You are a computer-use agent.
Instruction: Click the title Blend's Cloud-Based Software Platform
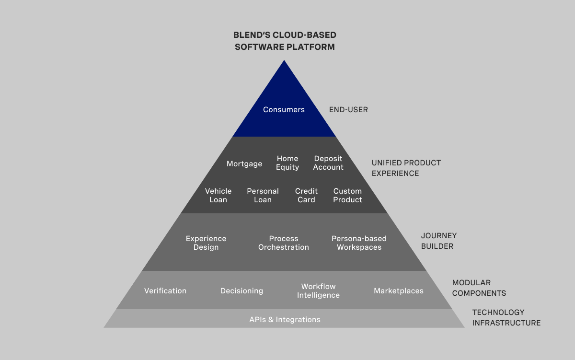tap(285, 41)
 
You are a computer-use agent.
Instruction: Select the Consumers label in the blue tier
tap(284, 110)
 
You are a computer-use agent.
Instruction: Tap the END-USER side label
tap(348, 110)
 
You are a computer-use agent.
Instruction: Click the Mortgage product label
tap(244, 164)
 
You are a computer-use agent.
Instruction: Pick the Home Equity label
tap(287, 163)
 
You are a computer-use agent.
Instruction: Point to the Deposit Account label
tap(328, 163)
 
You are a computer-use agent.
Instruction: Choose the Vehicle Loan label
tap(218, 196)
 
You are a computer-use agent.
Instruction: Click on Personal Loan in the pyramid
tap(263, 196)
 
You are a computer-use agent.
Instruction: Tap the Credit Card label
tap(306, 196)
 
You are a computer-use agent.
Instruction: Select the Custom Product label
tap(347, 196)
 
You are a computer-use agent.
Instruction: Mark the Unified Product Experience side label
tap(406, 168)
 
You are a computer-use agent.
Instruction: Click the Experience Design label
tap(206, 243)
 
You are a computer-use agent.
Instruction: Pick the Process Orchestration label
tap(284, 243)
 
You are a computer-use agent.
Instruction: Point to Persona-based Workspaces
tap(359, 243)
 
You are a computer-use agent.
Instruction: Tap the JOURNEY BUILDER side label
tap(438, 241)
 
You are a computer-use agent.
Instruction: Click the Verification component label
tap(165, 291)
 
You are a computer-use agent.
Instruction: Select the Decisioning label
tap(241, 291)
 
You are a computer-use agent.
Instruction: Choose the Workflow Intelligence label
tap(318, 291)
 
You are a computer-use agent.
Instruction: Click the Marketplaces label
tap(399, 291)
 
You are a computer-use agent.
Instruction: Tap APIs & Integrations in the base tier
tap(285, 320)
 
